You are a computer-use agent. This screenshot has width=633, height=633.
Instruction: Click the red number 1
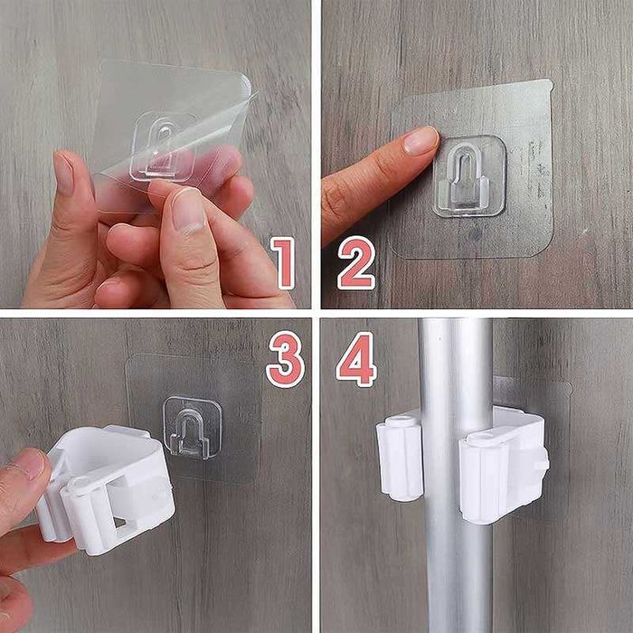coord(283,263)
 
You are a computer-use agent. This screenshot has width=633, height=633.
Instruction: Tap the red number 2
coord(356,263)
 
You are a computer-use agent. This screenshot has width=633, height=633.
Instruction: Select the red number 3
coord(286,359)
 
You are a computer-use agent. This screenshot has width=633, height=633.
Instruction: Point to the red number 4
coord(356,359)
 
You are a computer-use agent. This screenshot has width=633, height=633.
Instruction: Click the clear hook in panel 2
coord(469,176)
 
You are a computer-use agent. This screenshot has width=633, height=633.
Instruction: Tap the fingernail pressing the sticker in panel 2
coord(420,140)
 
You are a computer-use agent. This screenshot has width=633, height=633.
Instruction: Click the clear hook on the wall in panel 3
coord(192,429)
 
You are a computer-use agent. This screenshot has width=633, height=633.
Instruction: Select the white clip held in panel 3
coord(106,489)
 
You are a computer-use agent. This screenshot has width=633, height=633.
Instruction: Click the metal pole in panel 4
coord(456,476)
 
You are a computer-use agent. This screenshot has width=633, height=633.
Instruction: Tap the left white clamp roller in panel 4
coord(399,458)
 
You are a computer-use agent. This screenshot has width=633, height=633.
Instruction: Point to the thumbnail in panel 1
coord(64,173)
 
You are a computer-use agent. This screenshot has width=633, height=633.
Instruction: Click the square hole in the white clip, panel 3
coord(120,522)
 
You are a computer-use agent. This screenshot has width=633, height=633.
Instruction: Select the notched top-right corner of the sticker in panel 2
coord(548,84)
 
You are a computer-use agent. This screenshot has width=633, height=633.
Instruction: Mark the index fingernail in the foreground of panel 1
coord(188,211)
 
